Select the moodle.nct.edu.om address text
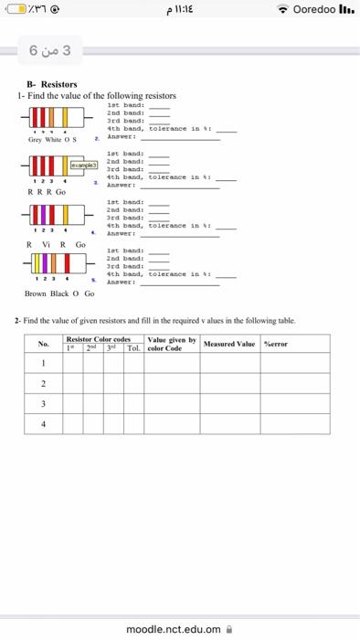tap(174, 629)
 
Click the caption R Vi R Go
tap(55, 244)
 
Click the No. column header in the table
tap(43, 370)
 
